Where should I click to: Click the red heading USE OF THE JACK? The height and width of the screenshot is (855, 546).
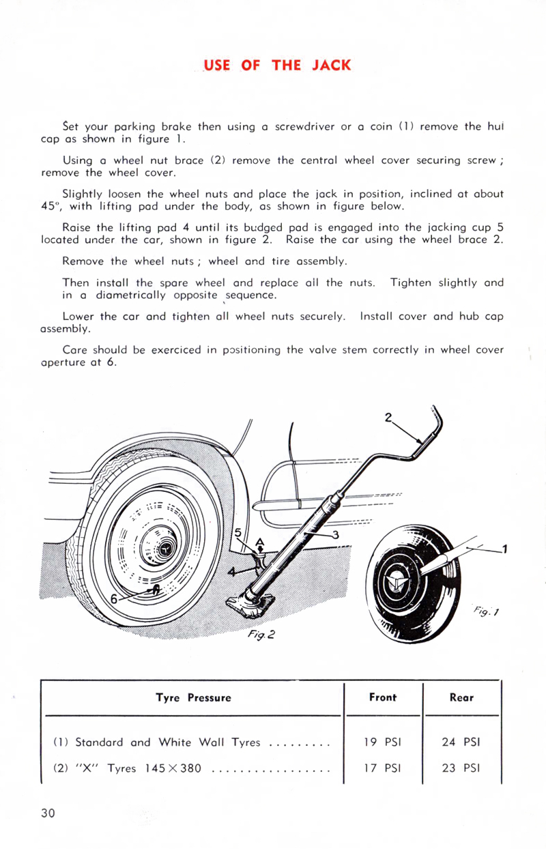(278, 66)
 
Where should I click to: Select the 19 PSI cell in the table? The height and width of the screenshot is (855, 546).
(382, 742)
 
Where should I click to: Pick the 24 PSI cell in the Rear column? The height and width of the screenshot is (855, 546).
(461, 742)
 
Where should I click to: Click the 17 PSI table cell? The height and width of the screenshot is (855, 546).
(382, 768)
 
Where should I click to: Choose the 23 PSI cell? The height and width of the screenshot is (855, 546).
(461, 768)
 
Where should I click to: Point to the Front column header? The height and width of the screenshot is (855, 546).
(382, 697)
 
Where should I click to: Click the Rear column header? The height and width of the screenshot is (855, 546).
(461, 697)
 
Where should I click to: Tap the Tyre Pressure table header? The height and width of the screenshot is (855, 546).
(193, 698)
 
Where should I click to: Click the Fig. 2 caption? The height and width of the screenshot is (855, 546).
(261, 635)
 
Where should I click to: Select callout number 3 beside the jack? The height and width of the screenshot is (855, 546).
(335, 534)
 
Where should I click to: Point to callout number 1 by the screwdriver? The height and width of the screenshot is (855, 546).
(504, 547)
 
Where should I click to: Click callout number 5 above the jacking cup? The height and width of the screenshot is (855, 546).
(238, 532)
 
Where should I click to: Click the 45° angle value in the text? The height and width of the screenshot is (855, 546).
(52, 207)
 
